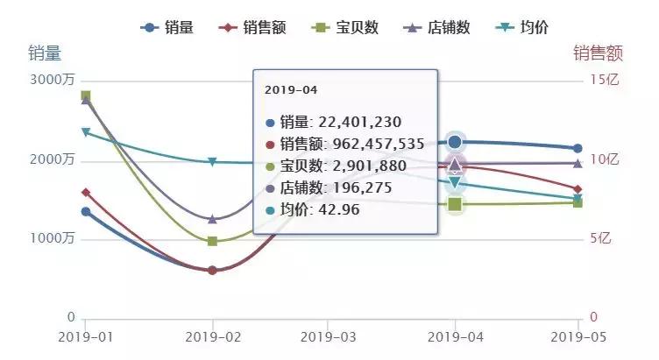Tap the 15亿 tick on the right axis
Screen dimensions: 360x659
point(606,81)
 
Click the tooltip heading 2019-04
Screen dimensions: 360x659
point(291,90)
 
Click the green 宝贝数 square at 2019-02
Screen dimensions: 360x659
point(212,241)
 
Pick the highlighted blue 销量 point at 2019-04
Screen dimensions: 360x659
point(454,142)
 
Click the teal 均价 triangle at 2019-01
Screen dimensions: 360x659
point(85,132)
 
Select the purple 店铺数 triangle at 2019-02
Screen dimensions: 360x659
point(212,218)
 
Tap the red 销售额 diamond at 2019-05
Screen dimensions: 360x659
point(578,189)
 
